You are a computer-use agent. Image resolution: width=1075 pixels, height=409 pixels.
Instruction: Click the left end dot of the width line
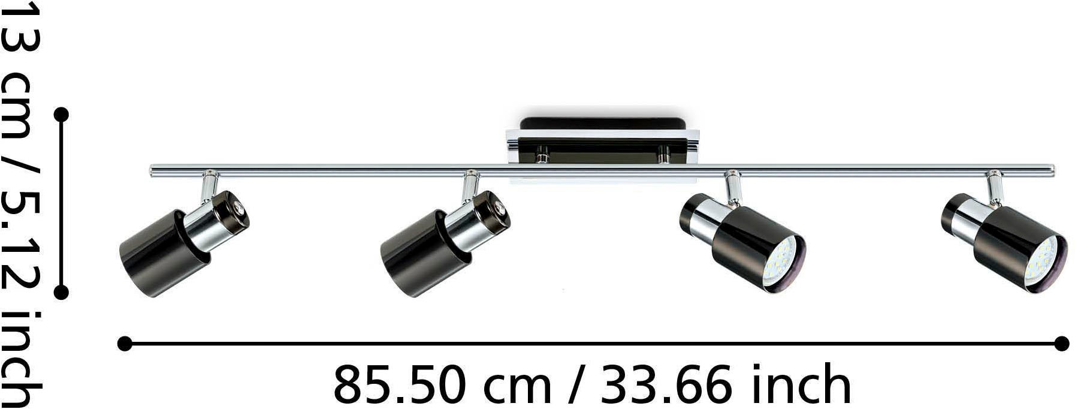coord(125,344)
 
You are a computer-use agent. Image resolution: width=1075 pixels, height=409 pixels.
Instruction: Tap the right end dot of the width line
coord(1061,344)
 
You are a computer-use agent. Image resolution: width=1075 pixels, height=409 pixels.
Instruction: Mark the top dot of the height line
coord(61,115)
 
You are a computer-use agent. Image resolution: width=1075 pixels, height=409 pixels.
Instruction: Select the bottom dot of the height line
coord(61,292)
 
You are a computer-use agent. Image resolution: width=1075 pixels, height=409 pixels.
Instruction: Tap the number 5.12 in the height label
coord(23,243)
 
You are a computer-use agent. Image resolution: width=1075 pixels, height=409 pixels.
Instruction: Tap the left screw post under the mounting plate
coord(542,157)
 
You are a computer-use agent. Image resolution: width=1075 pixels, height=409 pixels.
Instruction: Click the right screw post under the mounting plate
coord(663,157)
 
